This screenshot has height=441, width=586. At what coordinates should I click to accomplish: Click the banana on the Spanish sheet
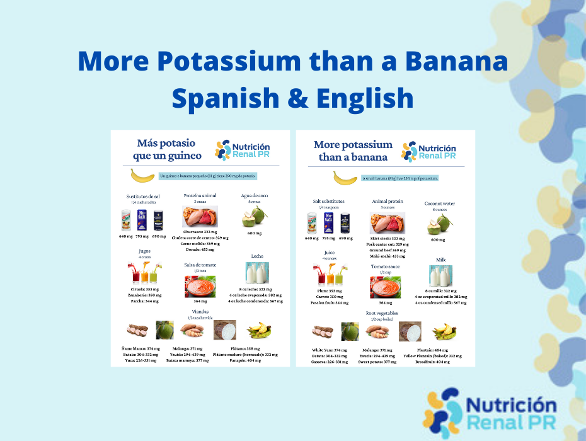(142, 176)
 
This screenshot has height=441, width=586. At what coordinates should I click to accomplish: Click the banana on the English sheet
(345, 178)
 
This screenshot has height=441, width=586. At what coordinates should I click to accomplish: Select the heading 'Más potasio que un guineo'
(168, 149)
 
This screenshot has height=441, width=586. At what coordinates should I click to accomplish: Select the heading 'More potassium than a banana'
(353, 151)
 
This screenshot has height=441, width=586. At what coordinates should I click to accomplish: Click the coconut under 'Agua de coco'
(255, 217)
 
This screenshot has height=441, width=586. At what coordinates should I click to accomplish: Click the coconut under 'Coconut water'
(439, 224)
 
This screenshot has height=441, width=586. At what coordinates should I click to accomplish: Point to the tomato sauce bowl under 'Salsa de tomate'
(200, 287)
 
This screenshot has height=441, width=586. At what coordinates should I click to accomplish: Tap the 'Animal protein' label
(387, 201)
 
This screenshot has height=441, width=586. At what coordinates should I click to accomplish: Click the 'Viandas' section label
(200, 311)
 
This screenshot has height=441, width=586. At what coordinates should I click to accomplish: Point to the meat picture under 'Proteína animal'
(199, 217)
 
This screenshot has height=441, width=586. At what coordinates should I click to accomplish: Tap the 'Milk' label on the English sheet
(440, 260)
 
